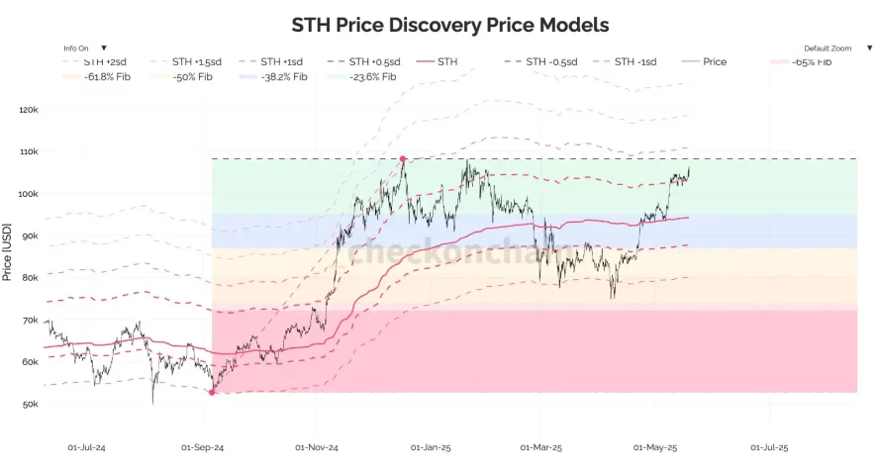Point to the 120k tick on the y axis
pos(29,110)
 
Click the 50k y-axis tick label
pos(30,405)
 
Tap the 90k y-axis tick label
pos(30,236)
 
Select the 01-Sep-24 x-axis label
pos(203,447)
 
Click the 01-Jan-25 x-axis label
pos(431,447)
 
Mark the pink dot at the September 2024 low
pos(212,392)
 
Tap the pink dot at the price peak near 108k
pos(403,158)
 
